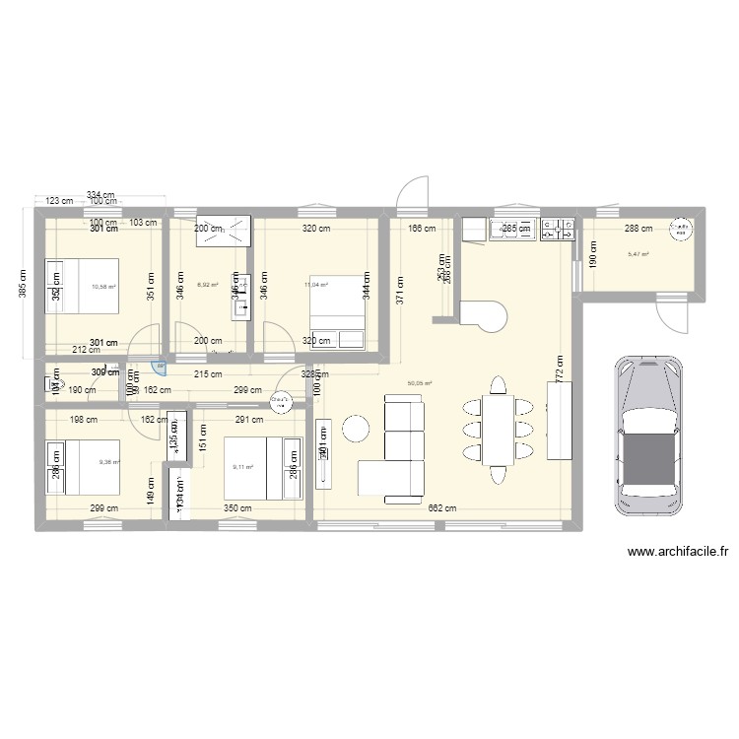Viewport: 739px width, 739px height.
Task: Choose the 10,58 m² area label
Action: click(103, 287)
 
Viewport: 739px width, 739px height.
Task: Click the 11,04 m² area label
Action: click(315, 285)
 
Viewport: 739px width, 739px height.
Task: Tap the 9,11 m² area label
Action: click(242, 468)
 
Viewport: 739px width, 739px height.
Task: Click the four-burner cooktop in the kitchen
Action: click(558, 230)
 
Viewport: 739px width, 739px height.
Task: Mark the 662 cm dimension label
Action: click(442, 508)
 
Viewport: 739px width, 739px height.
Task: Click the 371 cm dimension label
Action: click(400, 286)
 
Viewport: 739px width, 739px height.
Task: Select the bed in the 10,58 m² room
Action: click(83, 285)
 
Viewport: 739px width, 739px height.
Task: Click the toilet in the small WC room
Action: click(55, 383)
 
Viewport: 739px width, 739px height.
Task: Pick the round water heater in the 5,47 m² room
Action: click(681, 231)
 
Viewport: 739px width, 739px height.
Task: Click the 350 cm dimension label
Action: click(236, 508)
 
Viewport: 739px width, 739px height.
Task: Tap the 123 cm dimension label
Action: click(60, 201)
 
